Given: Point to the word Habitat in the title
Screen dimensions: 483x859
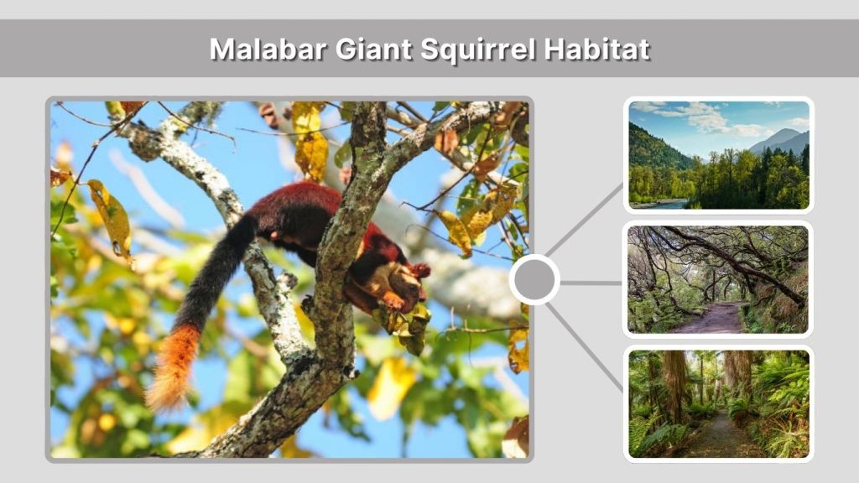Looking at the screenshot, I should tap(596, 49).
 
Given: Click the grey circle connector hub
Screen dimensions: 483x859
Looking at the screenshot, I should tap(534, 279).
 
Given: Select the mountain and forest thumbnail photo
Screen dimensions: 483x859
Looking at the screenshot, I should tap(719, 155).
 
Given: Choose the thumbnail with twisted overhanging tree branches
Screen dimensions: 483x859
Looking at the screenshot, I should tap(719, 279).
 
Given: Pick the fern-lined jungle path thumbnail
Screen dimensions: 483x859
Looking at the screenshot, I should tap(719, 403).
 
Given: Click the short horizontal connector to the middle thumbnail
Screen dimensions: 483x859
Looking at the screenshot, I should tap(591, 283).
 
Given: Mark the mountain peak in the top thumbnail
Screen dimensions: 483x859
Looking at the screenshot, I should tap(782, 134).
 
